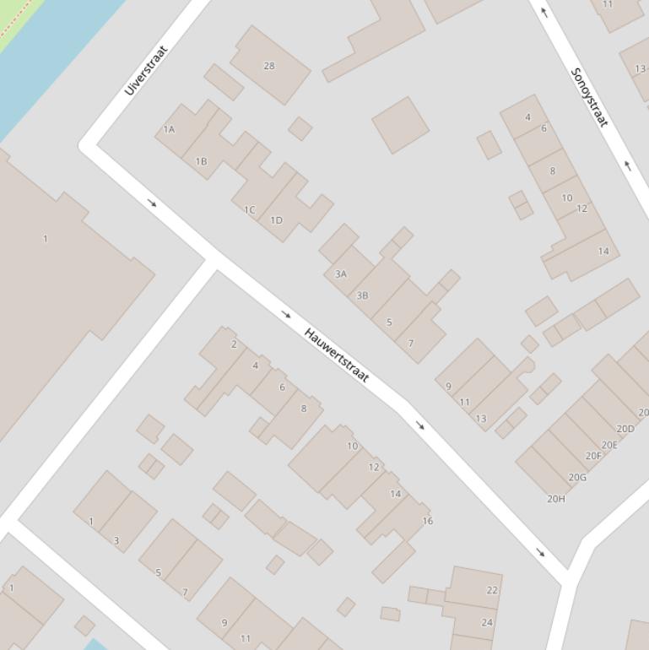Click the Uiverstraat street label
[146, 70]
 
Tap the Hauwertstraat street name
[336, 355]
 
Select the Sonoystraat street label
[589, 97]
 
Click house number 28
[269, 66]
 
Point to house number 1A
[169, 129]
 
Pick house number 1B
[201, 161]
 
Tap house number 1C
[249, 209]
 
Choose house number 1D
[276, 220]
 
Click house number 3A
[340, 274]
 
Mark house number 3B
[362, 295]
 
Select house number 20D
[625, 429]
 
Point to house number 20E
[609, 445]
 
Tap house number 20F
[593, 457]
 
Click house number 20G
[577, 477]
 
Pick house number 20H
[556, 499]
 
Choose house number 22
[492, 590]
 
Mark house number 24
[487, 623]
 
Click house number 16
[427, 521]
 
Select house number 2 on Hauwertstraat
[234, 344]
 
